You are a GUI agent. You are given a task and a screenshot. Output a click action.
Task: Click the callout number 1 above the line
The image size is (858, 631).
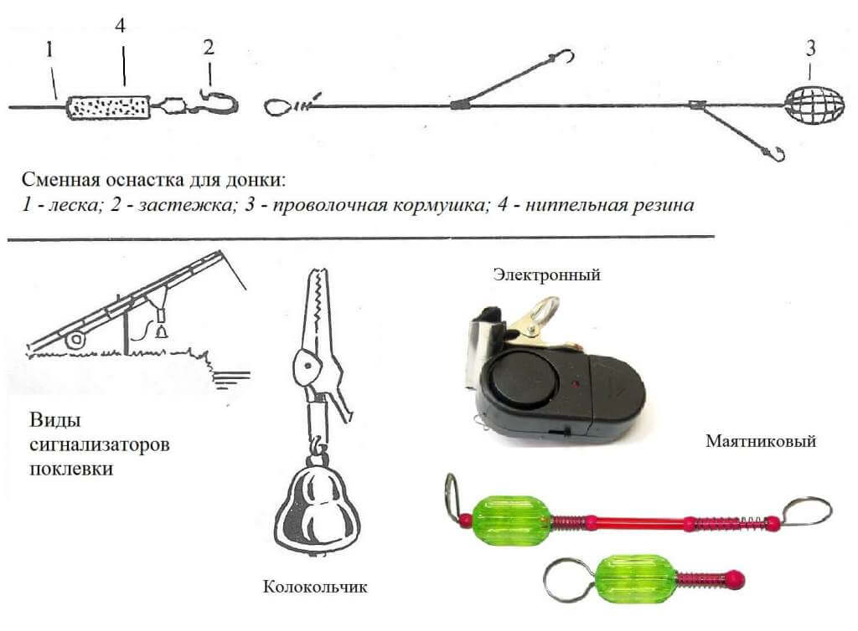(50, 51)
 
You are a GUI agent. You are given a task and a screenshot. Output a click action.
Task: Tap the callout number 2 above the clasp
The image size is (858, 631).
(208, 47)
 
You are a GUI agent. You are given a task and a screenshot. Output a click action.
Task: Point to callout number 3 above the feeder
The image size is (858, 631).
(810, 49)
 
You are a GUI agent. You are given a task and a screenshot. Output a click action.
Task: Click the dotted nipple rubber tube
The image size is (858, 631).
(109, 106)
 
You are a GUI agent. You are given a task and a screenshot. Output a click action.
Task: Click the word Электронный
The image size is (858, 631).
(547, 274)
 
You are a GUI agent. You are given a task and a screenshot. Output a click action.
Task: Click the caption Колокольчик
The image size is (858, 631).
(315, 586)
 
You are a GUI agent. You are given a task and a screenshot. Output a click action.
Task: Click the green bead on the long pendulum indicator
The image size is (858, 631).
(510, 519)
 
